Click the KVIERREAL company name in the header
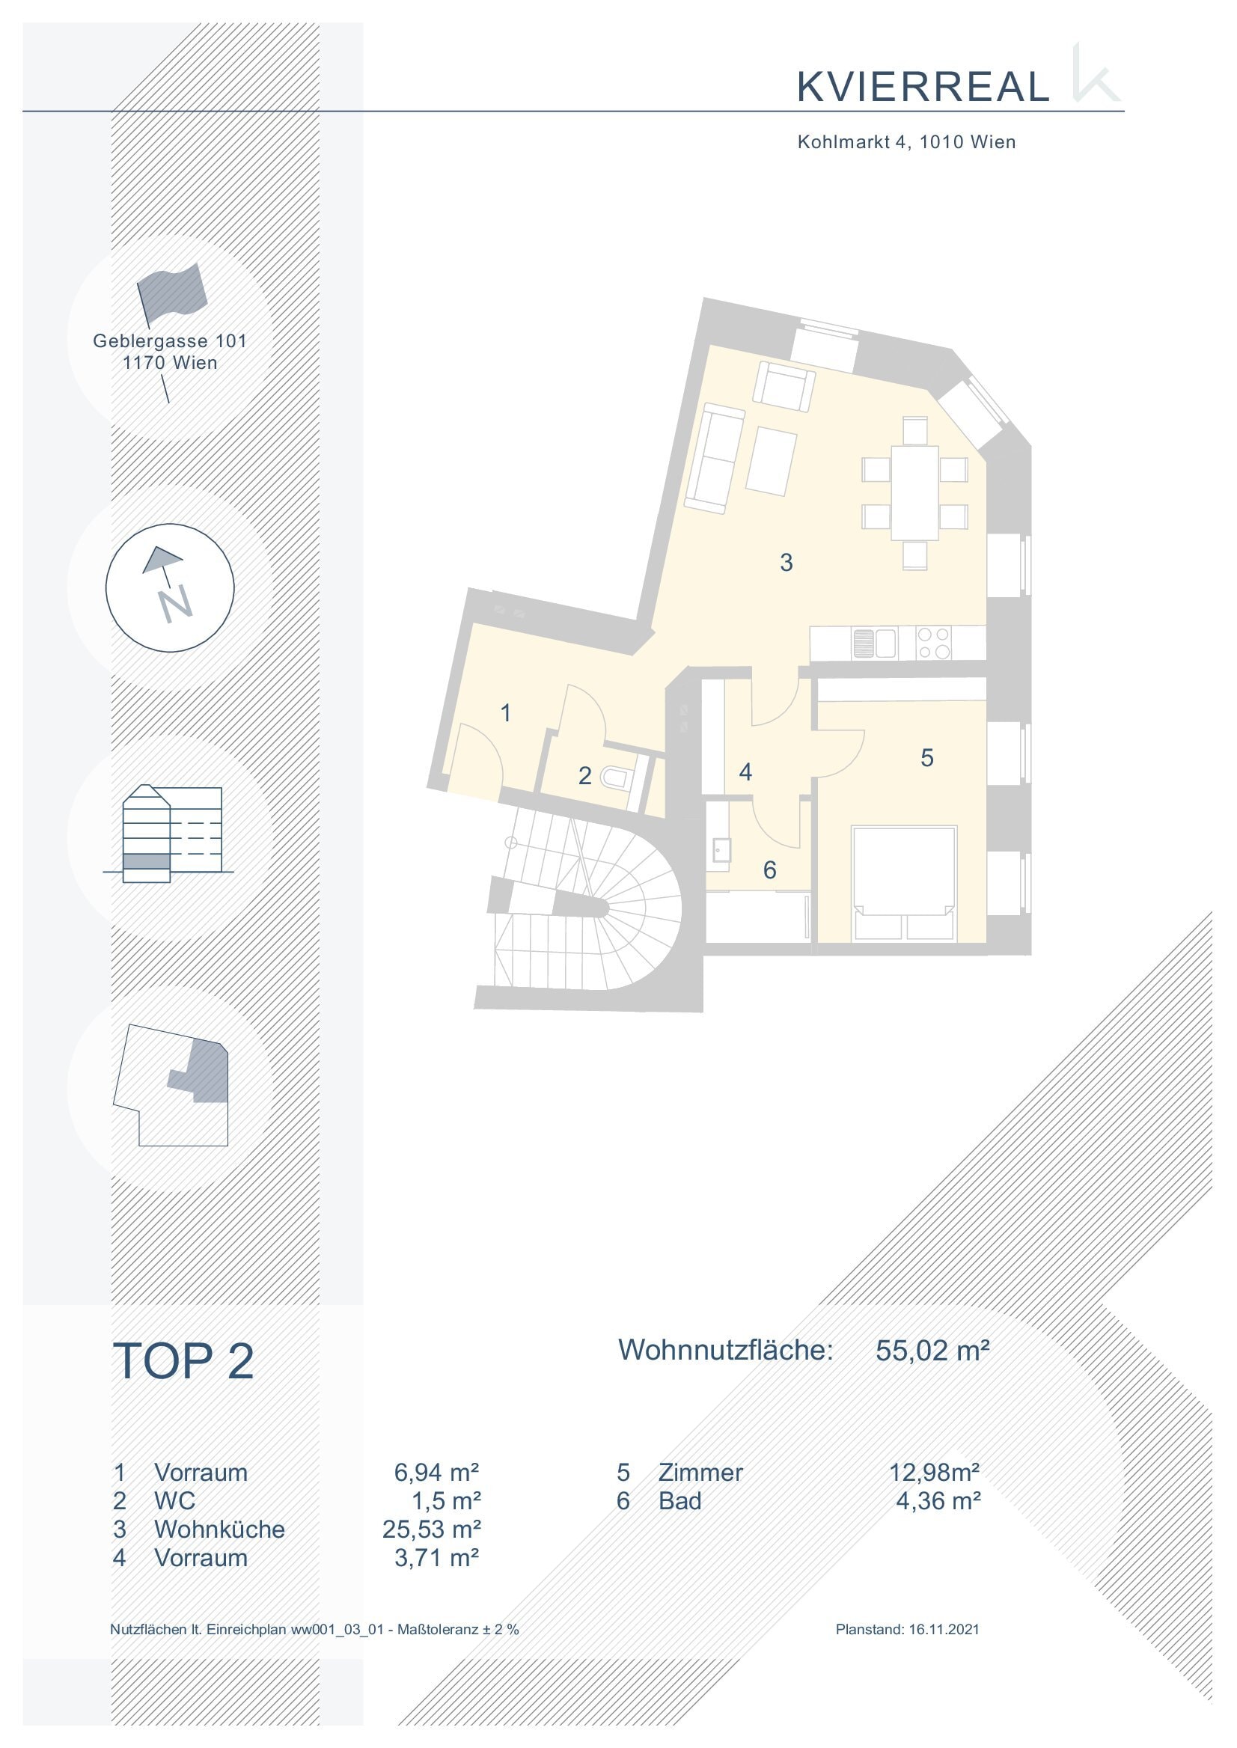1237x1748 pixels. (x=923, y=87)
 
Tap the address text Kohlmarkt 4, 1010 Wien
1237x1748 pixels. (x=906, y=141)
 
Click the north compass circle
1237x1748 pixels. (x=170, y=587)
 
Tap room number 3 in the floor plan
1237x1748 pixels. (x=786, y=563)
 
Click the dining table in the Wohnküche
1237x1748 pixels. (x=914, y=493)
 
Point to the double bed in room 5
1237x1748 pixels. (x=904, y=882)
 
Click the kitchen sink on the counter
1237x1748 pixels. (x=873, y=643)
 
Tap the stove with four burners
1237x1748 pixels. (x=934, y=643)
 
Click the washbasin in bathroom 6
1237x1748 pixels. (x=720, y=850)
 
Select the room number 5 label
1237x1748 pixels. (x=927, y=758)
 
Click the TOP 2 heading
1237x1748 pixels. (x=183, y=1362)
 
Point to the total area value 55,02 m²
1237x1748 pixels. (x=932, y=1351)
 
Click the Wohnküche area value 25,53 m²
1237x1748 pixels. (x=431, y=1529)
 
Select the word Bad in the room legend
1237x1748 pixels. (x=679, y=1501)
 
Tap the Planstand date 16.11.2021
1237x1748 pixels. (x=944, y=1629)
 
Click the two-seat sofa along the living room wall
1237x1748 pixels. (x=715, y=459)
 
